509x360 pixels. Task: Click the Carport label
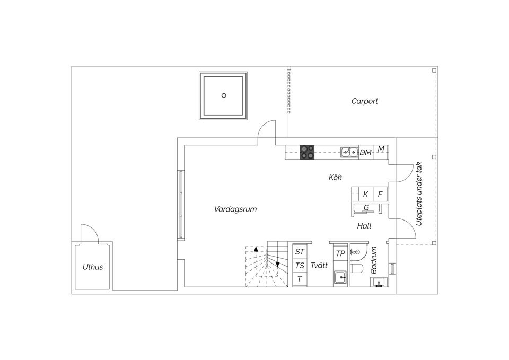364,101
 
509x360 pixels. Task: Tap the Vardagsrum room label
235,209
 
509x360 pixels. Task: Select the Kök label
335,177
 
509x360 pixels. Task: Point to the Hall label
364,226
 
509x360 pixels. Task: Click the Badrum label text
374,260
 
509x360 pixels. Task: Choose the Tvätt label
319,265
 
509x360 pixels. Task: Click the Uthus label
93,267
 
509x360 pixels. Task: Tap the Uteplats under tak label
419,194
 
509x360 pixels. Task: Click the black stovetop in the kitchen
307,152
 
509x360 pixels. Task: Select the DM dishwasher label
365,152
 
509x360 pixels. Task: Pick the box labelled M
381,150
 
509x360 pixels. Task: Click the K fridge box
365,194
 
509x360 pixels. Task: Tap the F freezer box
380,194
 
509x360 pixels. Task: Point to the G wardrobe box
366,207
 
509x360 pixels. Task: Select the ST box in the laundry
300,251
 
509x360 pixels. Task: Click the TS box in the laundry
300,265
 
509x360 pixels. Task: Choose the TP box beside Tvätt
340,253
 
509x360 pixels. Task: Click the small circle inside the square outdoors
224,95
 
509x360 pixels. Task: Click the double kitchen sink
349,152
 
